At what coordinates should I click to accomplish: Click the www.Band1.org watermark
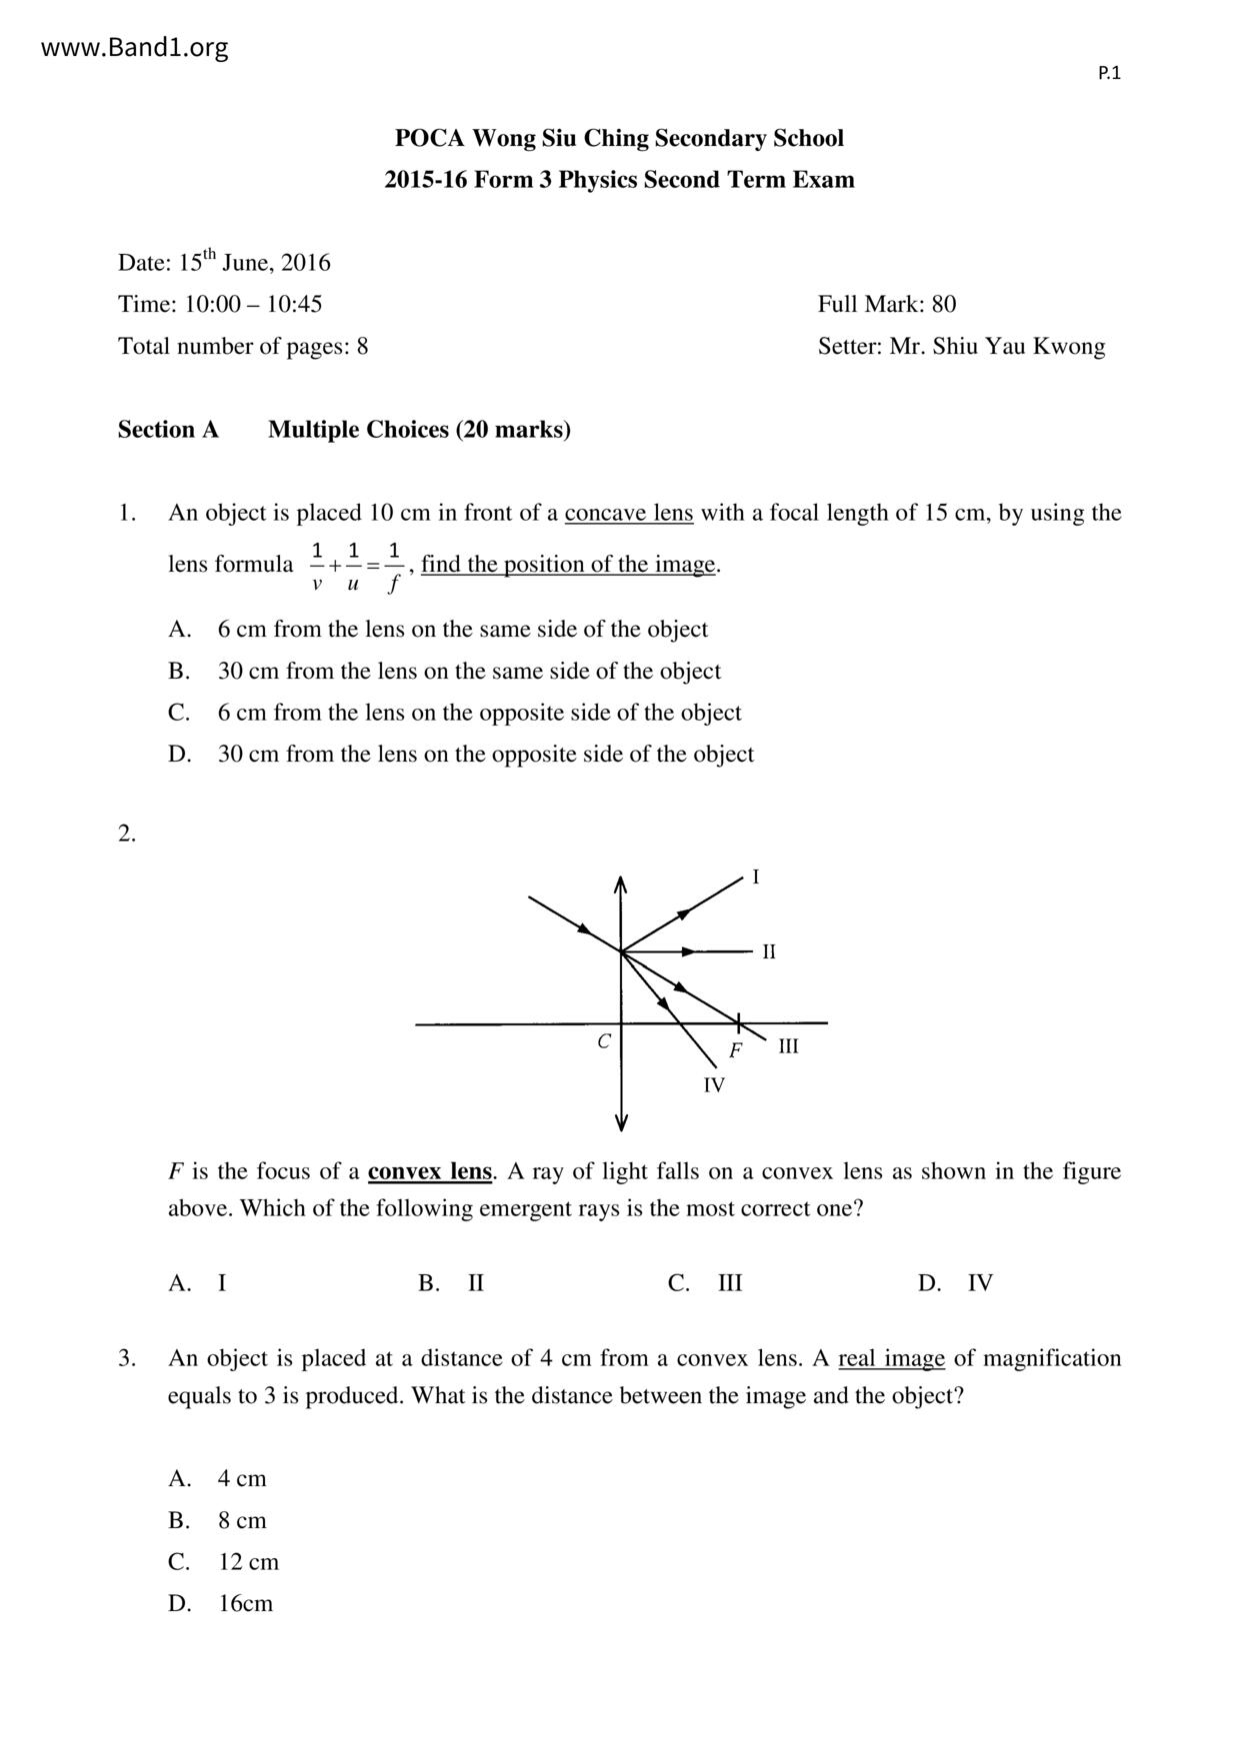pyautogui.click(x=135, y=47)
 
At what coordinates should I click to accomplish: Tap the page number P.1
pyautogui.click(x=1109, y=73)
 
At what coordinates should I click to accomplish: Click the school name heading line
pyautogui.click(x=619, y=138)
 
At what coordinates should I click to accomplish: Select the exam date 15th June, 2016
pyautogui.click(x=254, y=263)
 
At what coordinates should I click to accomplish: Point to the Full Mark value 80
pyautogui.click(x=943, y=304)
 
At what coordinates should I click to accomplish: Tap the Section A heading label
pyautogui.click(x=168, y=430)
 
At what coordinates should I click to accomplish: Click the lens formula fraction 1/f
pyautogui.click(x=394, y=566)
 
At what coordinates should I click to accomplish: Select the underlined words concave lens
pyautogui.click(x=628, y=513)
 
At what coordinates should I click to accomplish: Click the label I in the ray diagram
pyautogui.click(x=755, y=877)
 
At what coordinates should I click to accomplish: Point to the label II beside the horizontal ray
pyautogui.click(x=768, y=951)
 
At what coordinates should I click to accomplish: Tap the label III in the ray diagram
pyautogui.click(x=788, y=1046)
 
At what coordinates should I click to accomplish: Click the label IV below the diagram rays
pyautogui.click(x=713, y=1085)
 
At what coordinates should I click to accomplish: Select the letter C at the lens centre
pyautogui.click(x=604, y=1041)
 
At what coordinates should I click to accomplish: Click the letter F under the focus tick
pyautogui.click(x=736, y=1050)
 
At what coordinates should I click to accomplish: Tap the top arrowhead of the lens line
pyautogui.click(x=621, y=881)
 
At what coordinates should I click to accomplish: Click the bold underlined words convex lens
pyautogui.click(x=430, y=1171)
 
